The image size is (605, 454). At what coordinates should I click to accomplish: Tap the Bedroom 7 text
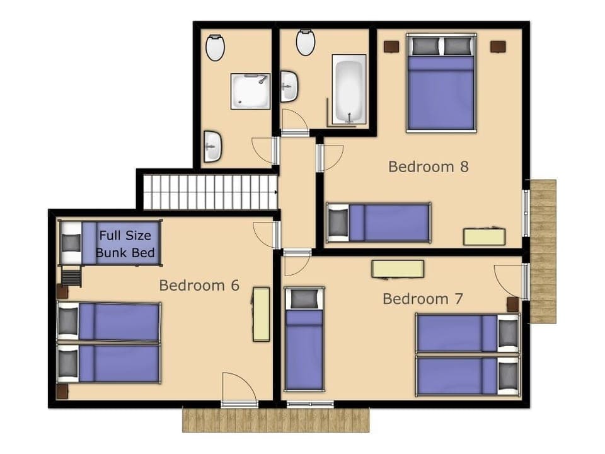(x=423, y=298)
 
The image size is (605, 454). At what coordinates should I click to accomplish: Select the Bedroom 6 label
(x=199, y=285)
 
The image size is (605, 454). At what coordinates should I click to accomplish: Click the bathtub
(x=349, y=88)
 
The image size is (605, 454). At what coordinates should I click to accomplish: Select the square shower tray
(x=250, y=91)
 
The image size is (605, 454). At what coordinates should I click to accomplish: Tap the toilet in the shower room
(x=215, y=47)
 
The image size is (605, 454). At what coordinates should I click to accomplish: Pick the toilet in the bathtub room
(x=306, y=42)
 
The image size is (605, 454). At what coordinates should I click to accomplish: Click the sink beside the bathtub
(x=289, y=86)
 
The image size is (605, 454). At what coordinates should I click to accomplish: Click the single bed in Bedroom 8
(x=379, y=222)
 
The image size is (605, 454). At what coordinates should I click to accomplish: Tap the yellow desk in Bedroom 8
(x=484, y=236)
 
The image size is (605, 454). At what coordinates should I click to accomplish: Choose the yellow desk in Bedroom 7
(x=397, y=269)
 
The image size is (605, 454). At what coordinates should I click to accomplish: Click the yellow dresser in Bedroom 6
(x=261, y=314)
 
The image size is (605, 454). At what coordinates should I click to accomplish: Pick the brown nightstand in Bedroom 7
(x=513, y=305)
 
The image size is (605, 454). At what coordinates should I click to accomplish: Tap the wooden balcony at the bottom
(x=275, y=420)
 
